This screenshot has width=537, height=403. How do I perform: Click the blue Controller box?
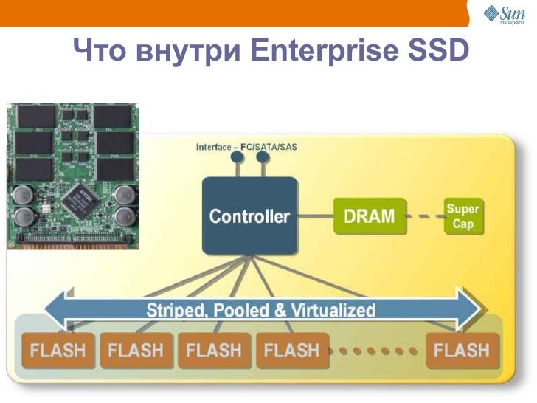pos(250,216)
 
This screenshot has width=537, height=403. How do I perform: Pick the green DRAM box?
pos(370,216)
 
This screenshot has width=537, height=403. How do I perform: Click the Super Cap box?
pos(462,216)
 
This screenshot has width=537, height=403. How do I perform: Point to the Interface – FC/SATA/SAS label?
pos(246,147)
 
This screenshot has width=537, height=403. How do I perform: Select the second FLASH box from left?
pos(136,350)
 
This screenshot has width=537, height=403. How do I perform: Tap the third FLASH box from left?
pos(214,350)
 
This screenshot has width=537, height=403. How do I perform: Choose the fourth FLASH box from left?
pos(291,350)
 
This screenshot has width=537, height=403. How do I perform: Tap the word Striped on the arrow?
pos(176,310)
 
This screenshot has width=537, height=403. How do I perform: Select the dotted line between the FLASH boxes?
pos(376,351)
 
